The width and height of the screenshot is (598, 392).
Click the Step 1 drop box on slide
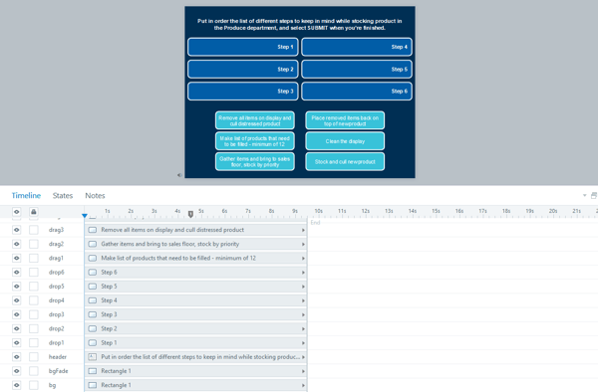click(x=242, y=47)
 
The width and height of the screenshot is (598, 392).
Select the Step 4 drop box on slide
click(x=356, y=47)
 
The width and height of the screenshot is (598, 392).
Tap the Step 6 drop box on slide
click(x=356, y=91)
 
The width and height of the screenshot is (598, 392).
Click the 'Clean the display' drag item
click(x=344, y=141)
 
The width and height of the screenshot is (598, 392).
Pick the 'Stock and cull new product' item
click(x=344, y=161)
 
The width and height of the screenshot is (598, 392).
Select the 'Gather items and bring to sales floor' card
click(x=254, y=161)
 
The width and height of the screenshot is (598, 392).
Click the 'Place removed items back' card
click(x=344, y=120)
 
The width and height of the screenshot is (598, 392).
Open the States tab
click(x=63, y=196)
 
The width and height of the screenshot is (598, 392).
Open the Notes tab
click(x=95, y=196)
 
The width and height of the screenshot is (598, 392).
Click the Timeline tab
click(x=26, y=196)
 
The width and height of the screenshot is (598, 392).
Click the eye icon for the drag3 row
click(x=17, y=230)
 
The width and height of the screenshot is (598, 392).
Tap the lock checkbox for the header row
click(x=34, y=356)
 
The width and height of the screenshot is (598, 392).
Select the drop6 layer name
click(x=57, y=272)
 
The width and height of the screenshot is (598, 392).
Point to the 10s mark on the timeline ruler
click(x=318, y=211)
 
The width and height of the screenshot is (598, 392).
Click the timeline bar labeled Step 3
click(x=195, y=314)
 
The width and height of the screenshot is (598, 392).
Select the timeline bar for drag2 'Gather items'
click(x=195, y=244)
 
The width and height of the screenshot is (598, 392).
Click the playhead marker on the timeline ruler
click(x=191, y=214)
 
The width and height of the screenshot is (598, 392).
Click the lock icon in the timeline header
click(x=34, y=212)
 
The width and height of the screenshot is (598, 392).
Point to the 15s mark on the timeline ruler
click(x=436, y=211)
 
